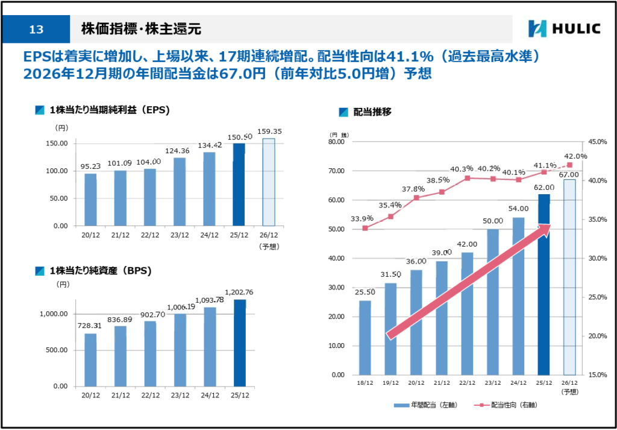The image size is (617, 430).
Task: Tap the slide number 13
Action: tap(36, 30)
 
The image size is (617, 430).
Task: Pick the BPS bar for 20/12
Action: tap(90, 359)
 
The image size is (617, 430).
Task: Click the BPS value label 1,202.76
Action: tap(239, 292)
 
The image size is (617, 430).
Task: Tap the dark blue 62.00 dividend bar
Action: tap(543, 284)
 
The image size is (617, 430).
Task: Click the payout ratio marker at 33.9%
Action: tap(365, 228)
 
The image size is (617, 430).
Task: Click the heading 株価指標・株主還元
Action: tap(141, 29)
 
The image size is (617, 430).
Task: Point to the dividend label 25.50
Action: tap(365, 292)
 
